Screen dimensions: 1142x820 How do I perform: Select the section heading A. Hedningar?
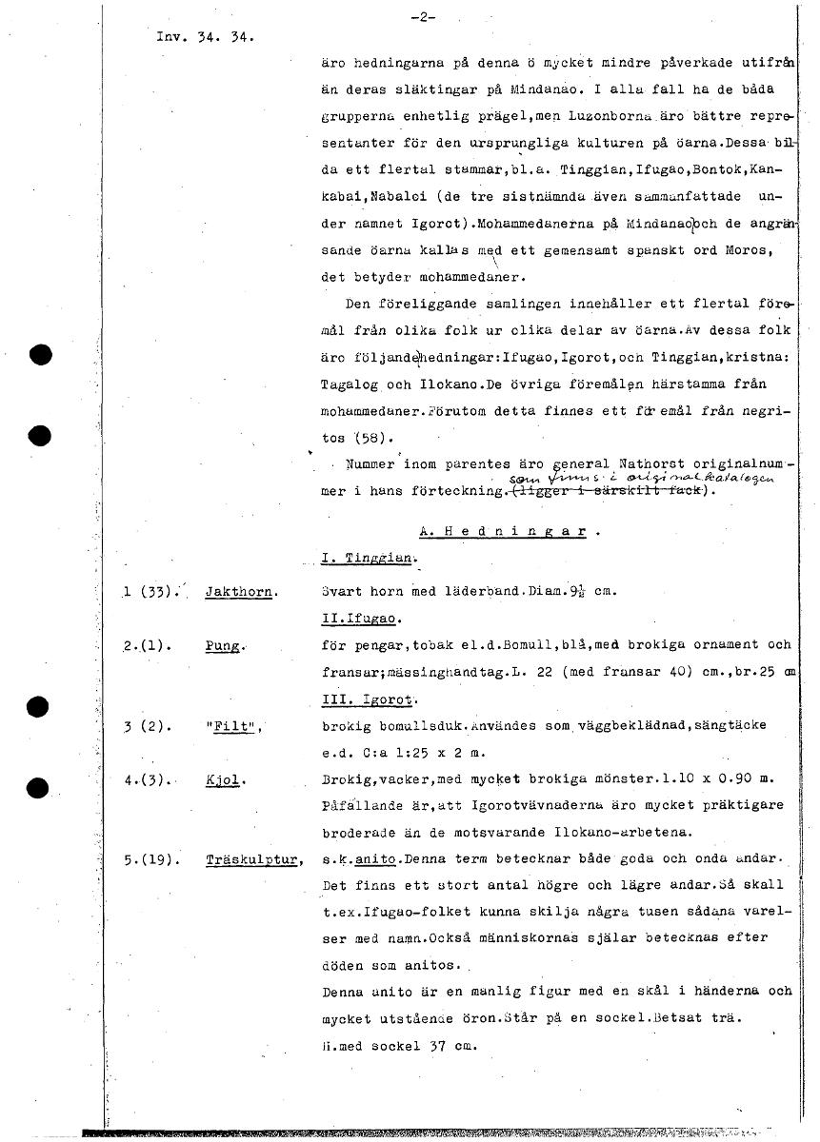pos(510,532)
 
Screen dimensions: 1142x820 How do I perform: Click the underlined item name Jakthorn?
pos(241,592)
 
